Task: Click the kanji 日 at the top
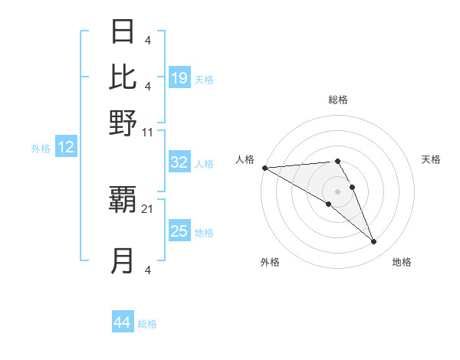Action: (123, 32)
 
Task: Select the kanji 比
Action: (123, 77)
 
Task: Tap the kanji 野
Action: (123, 123)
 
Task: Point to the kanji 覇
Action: (123, 201)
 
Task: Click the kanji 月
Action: (123, 261)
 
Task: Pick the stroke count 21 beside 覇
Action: (148, 208)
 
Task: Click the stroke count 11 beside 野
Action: (148, 132)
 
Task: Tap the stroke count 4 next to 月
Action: (147, 270)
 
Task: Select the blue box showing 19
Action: (179, 78)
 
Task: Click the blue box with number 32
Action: (179, 162)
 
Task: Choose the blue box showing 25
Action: (179, 231)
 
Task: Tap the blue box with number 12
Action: (66, 148)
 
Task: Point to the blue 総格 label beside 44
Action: (147, 324)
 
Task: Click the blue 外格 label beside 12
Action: (40, 149)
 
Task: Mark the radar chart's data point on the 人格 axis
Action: (264, 168)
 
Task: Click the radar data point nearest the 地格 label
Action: (373, 242)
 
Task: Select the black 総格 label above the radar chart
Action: (337, 100)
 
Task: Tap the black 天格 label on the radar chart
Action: (431, 159)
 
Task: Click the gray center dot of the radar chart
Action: (337, 191)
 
